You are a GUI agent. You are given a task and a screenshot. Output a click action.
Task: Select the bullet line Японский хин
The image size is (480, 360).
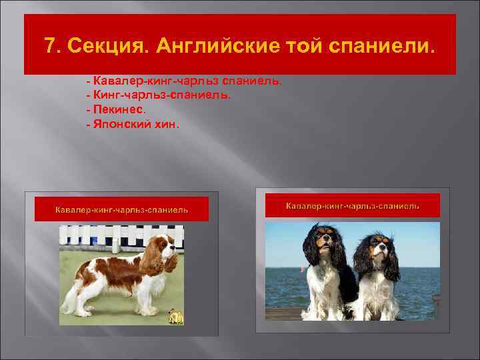pos(133,124)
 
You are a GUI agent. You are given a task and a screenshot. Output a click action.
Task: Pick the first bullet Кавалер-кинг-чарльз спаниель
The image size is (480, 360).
pos(184,80)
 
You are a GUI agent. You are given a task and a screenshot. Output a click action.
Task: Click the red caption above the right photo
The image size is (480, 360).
pos(353,206)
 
